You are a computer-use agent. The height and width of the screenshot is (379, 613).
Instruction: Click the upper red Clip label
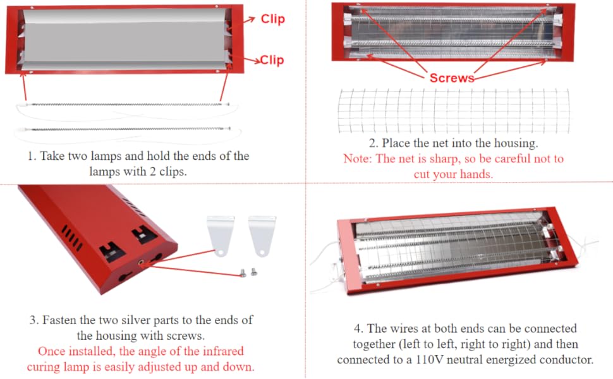point(272,19)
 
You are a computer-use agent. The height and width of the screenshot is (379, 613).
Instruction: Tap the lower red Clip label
point(272,60)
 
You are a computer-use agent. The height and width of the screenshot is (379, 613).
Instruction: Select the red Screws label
point(451,78)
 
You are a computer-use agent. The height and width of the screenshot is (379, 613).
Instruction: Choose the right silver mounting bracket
point(262,235)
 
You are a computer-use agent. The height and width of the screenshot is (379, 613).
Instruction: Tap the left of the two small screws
point(243,272)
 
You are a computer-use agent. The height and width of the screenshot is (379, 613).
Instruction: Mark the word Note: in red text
point(358,159)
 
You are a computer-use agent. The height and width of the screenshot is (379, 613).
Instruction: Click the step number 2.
point(372,143)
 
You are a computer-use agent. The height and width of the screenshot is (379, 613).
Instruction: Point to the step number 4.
point(358,329)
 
